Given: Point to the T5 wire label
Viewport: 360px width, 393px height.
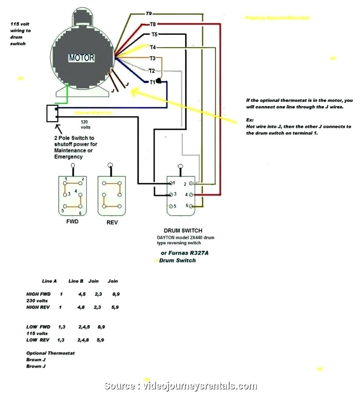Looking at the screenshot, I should tap(154, 34).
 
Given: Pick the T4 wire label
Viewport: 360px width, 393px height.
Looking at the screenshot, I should tap(152, 47).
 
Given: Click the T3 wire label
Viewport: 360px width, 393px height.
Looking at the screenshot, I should tap(152, 58).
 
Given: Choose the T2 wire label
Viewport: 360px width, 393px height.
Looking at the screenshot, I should tap(152, 71).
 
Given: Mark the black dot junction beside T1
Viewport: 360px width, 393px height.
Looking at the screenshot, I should tap(159, 82).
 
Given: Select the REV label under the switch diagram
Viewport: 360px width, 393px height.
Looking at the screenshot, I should tap(112, 222).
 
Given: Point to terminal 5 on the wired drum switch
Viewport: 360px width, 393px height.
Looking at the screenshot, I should tap(172, 206).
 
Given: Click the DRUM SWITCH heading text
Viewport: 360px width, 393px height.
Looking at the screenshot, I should tap(183, 231).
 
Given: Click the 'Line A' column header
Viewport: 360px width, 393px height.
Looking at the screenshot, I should tap(49, 281).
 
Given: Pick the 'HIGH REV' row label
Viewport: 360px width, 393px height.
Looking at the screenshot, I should tap(38, 307).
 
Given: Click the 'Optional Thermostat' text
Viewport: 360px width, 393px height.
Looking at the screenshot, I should tap(50, 353).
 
